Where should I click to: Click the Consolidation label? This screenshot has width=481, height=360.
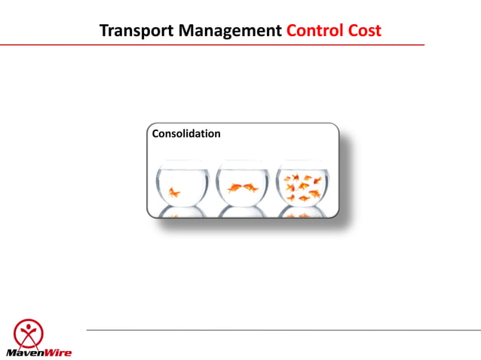tap(186, 134)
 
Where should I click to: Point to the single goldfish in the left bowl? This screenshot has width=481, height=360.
tap(175, 193)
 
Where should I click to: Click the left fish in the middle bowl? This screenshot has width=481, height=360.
tap(234, 188)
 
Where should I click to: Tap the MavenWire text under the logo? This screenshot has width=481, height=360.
tap(28, 352)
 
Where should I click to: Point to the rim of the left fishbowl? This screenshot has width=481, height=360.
tap(182, 161)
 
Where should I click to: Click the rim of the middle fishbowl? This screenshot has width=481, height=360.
tap(242, 161)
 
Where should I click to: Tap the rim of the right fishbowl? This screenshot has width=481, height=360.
tap(302, 161)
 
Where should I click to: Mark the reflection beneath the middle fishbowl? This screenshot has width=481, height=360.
tap(242, 213)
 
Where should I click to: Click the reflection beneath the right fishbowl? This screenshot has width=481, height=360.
tap(302, 213)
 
